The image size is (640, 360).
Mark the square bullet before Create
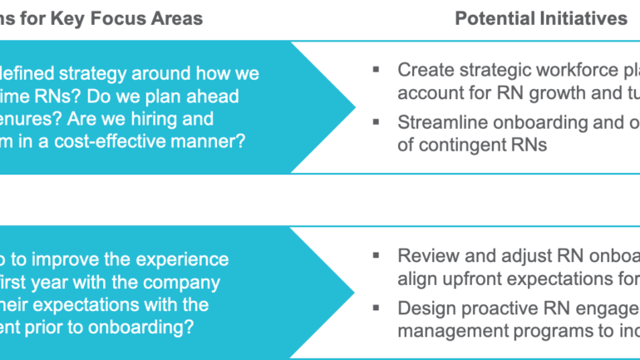(x=377, y=70)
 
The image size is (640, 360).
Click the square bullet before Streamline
(x=377, y=121)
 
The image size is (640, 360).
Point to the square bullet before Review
(x=377, y=255)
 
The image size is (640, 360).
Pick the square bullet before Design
(x=377, y=308)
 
